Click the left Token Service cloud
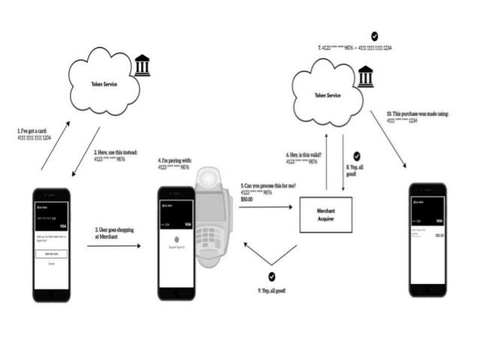tap(104, 82)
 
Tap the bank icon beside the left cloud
tap(142, 65)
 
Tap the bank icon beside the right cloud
tap(366, 76)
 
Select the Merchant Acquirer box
tap(325, 214)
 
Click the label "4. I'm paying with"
tap(173, 161)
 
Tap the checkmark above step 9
tap(271, 277)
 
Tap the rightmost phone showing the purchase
tap(427, 238)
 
